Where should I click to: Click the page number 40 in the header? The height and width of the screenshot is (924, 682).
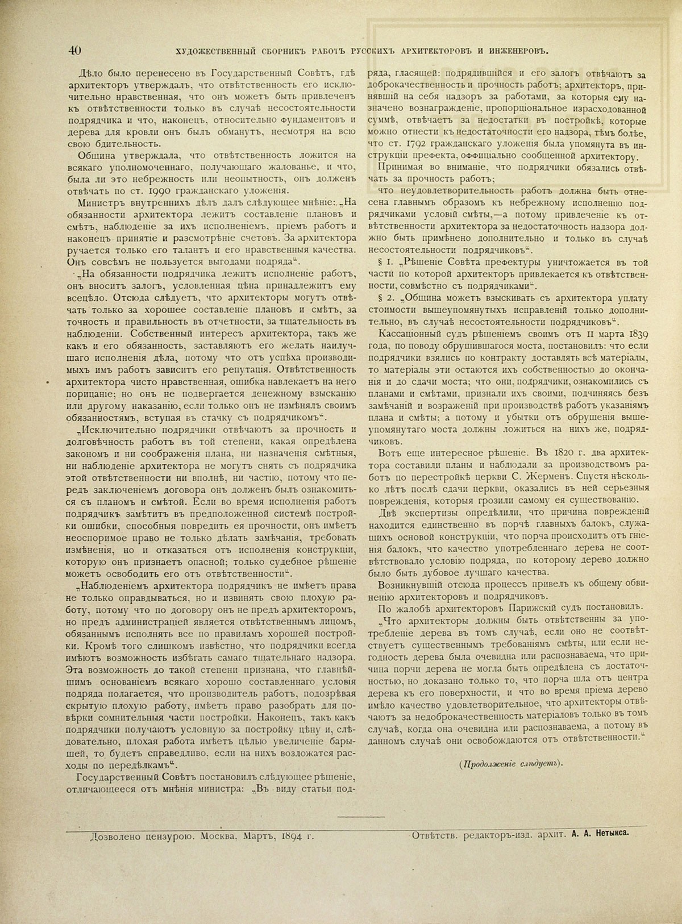(x=75, y=50)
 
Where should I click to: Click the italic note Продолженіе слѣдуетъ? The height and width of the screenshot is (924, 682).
(x=511, y=763)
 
